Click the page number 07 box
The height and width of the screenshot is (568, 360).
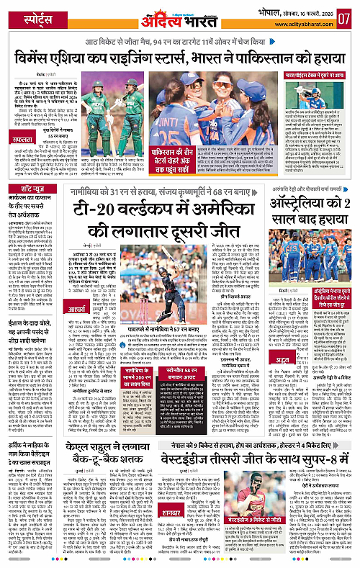[346, 16]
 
